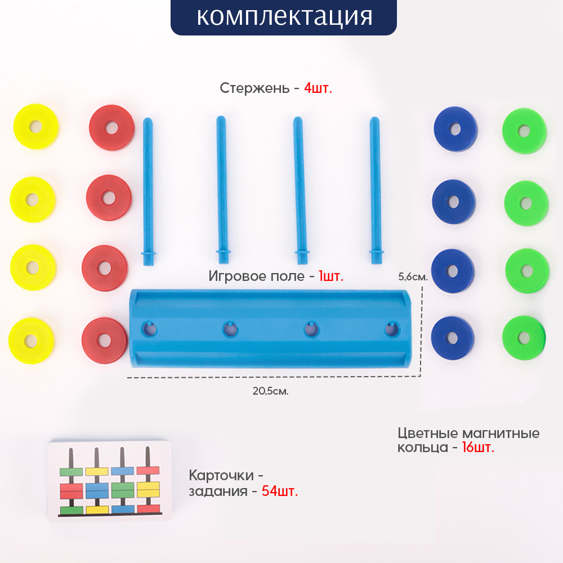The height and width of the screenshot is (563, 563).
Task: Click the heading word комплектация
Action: tap(284, 17)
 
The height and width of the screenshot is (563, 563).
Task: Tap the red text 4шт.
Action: tap(318, 88)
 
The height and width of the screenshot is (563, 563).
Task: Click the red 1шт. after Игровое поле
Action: tap(330, 276)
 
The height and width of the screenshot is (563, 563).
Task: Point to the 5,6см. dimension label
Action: tap(413, 277)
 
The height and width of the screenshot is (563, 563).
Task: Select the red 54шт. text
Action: tap(280, 491)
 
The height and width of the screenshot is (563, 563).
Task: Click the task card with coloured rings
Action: tap(108, 481)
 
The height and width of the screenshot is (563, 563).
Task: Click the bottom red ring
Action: tap(104, 340)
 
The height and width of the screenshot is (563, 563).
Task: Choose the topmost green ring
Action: tap(524, 131)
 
